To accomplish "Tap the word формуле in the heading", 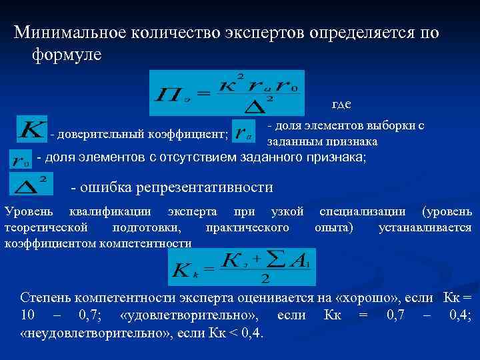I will pos(66,55).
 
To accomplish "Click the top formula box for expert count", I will pos(227,93).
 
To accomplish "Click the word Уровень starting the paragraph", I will pos(27,212).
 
